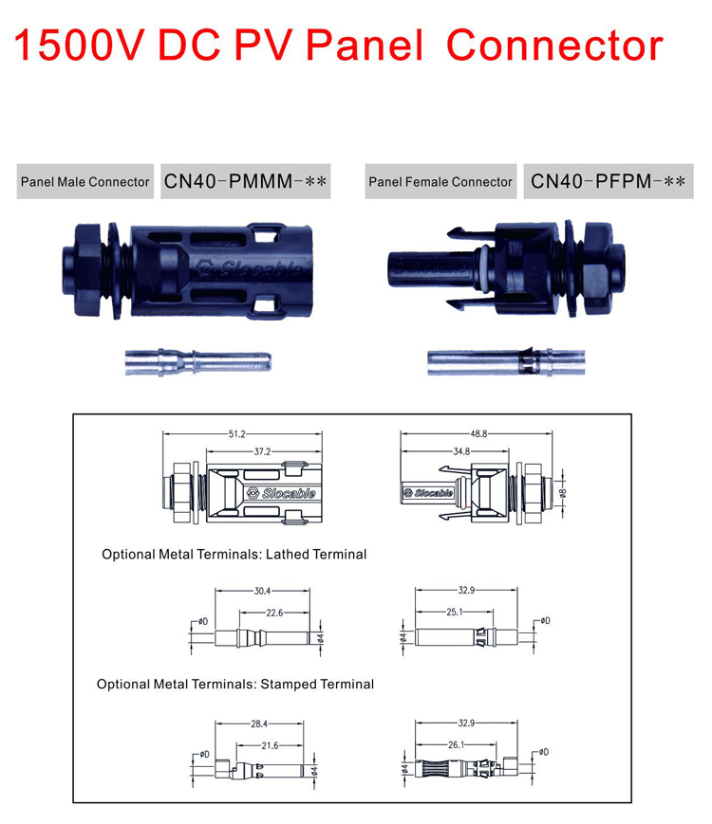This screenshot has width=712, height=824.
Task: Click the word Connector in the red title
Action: click(554, 46)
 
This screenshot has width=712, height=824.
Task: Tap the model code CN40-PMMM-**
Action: click(247, 181)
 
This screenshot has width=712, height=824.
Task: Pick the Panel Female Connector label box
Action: click(440, 181)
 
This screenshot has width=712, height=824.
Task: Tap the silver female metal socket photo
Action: click(490, 362)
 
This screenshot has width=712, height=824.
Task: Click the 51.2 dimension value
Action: click(234, 433)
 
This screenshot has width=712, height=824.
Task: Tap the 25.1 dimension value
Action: click(454, 612)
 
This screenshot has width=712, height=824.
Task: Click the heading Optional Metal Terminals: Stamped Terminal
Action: click(235, 684)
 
